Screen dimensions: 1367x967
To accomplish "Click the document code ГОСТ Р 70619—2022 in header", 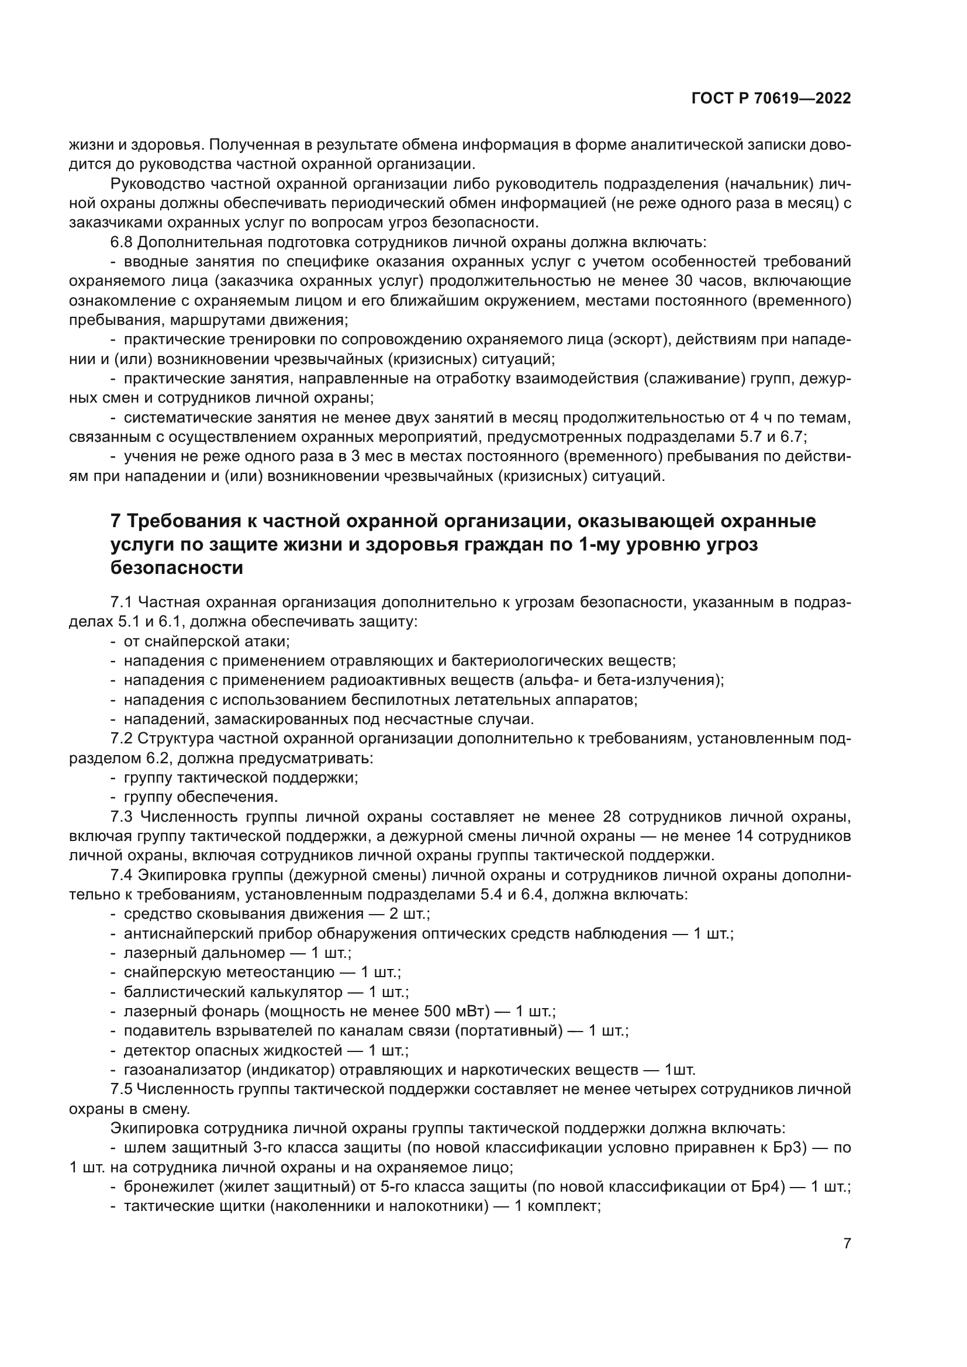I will pyautogui.click(x=771, y=99).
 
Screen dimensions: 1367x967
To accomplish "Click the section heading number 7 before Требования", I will pyautogui.click(x=116, y=521).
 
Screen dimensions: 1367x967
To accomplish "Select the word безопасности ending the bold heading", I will pyautogui.click(x=177, y=568).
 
